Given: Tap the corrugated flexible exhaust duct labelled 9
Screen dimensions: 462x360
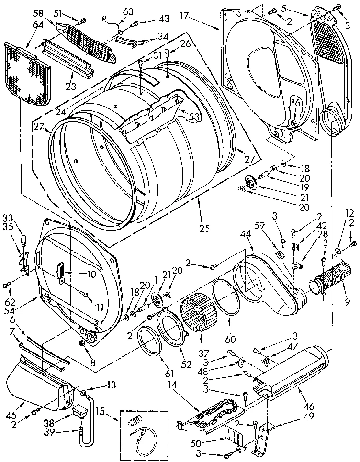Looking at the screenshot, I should pyautogui.click(x=326, y=283).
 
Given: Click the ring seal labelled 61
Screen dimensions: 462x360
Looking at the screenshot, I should pyautogui.click(x=149, y=341).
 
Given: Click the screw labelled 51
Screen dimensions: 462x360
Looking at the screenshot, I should pyautogui.click(x=82, y=20).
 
